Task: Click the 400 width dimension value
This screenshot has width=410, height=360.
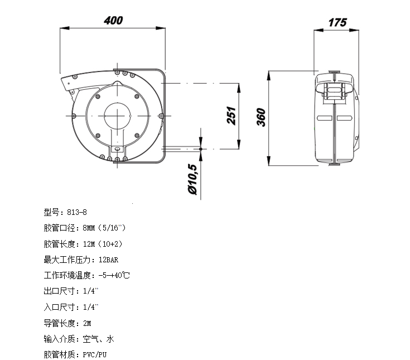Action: click(113, 21)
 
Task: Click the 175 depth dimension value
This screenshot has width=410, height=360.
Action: click(337, 22)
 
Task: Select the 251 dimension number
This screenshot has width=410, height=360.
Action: click(231, 116)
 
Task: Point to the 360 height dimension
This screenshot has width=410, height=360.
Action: click(261, 117)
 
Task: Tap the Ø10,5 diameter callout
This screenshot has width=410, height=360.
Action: click(192, 179)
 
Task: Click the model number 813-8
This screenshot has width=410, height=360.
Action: click(77, 212)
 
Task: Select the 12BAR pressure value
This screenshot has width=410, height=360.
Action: click(109, 260)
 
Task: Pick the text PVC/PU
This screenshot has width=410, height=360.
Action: click(95, 355)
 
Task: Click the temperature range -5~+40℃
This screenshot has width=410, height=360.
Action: click(114, 275)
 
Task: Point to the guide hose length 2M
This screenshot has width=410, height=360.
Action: click(87, 323)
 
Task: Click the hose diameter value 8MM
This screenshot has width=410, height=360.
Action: click(89, 228)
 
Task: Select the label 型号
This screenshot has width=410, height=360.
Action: click(51, 212)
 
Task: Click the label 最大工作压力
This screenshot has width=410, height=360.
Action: click(67, 260)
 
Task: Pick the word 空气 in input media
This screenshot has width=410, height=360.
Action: click(90, 339)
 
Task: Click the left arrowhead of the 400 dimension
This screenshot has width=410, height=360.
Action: click(65, 28)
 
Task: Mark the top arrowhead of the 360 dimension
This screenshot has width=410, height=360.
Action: click(268, 75)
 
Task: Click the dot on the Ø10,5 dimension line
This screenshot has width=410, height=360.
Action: click(201, 149)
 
